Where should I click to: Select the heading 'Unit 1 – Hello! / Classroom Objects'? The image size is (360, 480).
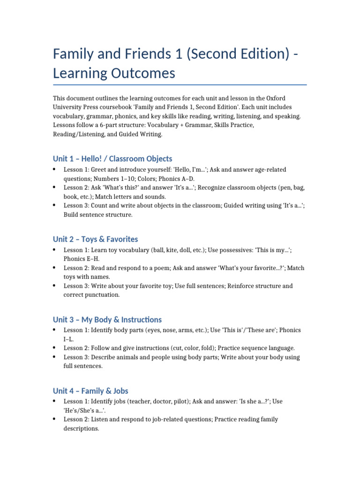pos(112,158)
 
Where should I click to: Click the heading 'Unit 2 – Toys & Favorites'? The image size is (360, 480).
pos(95,239)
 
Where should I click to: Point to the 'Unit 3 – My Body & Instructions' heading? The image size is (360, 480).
pos(107,320)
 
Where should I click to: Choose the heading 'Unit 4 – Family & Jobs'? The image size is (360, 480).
pos(90,391)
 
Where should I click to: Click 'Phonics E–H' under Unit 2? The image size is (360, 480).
pos(82,259)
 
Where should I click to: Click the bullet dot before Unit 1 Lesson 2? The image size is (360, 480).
pos(55,187)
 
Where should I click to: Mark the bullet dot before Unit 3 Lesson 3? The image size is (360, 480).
pos(55,357)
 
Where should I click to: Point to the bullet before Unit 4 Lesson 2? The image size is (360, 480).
pos(55,419)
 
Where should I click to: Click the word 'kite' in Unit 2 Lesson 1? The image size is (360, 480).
pos(172,250)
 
